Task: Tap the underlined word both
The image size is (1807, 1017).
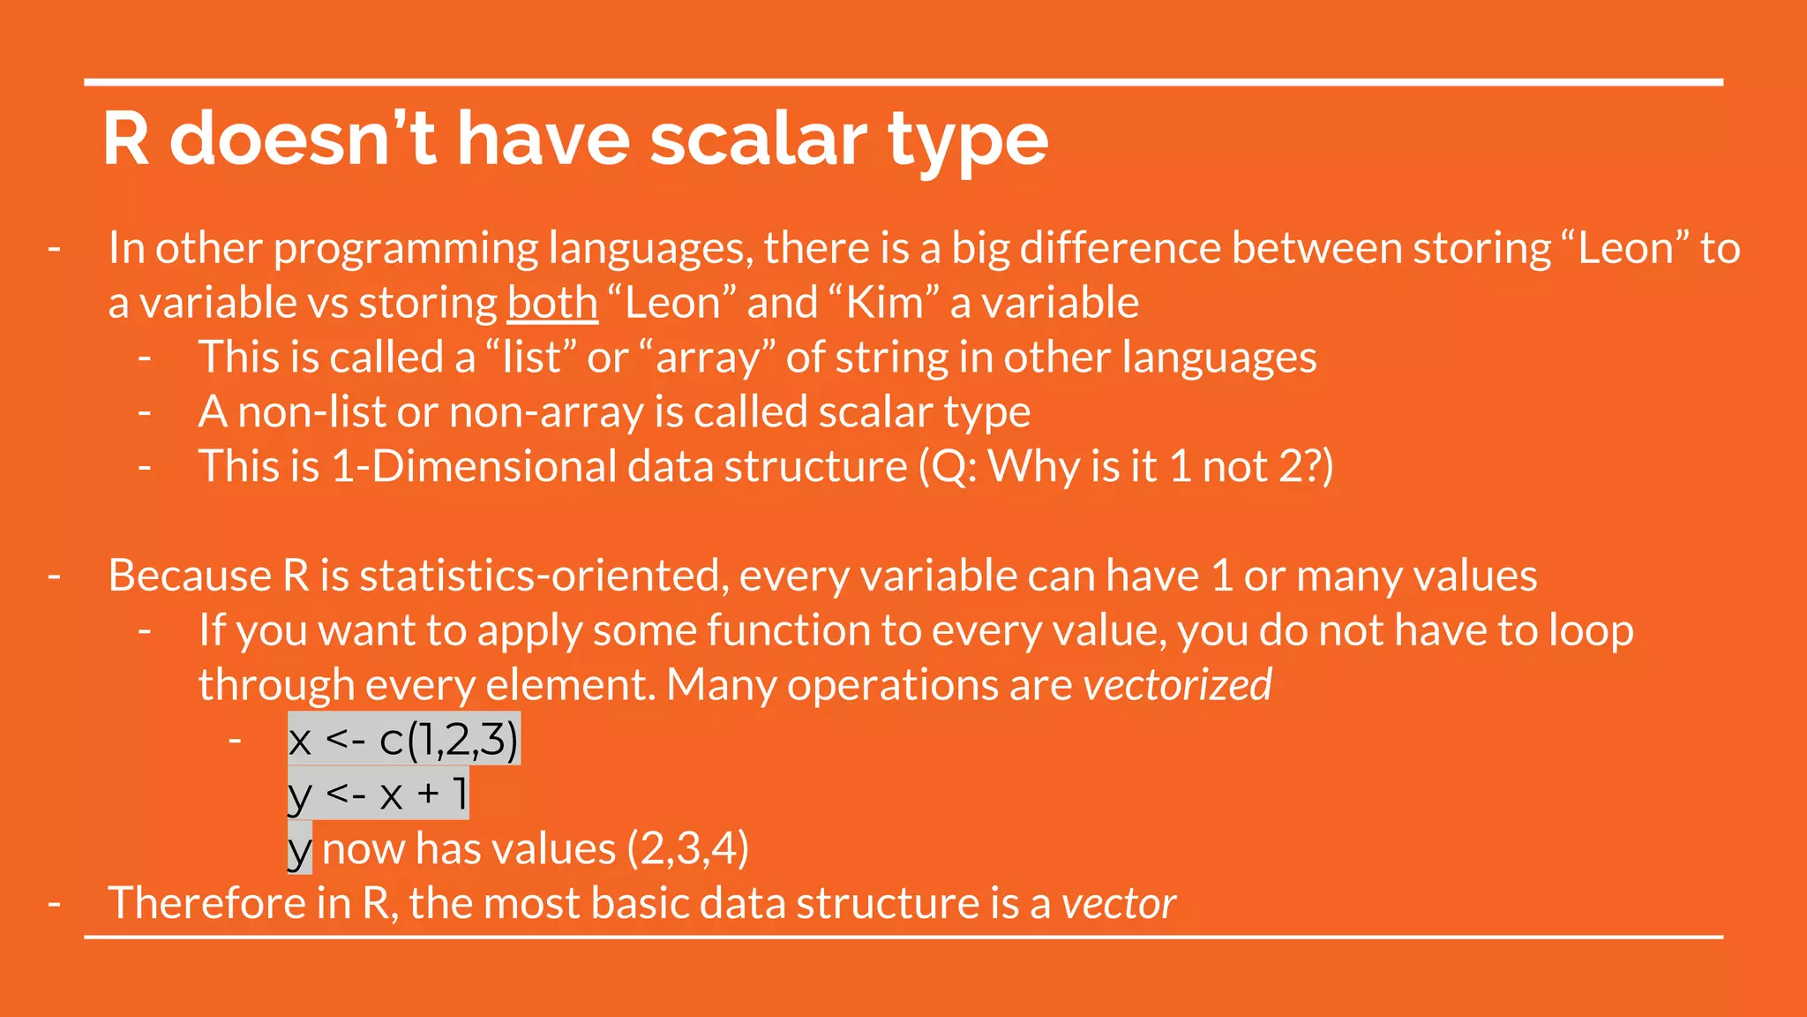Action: point(552,303)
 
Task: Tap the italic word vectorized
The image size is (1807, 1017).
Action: point(1177,685)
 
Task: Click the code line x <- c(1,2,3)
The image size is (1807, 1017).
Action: point(403,739)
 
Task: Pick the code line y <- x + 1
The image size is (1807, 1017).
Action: point(378,794)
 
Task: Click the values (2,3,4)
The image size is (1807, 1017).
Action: point(688,848)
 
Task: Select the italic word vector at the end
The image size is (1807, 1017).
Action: point(1118,903)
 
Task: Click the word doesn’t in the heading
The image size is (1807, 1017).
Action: point(303,139)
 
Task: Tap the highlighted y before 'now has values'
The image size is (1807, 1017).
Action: point(300,849)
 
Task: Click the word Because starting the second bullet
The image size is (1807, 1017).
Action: point(190,576)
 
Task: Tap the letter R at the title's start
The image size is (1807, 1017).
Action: point(126,139)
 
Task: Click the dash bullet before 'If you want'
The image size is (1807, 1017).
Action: point(145,630)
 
